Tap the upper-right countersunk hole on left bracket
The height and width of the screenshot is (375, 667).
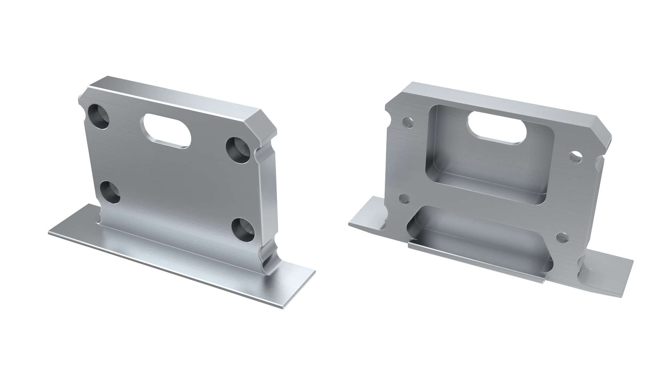tap(238, 150)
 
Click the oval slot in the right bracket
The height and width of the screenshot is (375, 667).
tap(497, 127)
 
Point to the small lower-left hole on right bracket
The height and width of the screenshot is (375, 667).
tap(404, 198)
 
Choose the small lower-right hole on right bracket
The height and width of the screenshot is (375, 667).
tap(561, 237)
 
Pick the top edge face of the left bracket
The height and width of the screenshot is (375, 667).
tap(174, 94)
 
